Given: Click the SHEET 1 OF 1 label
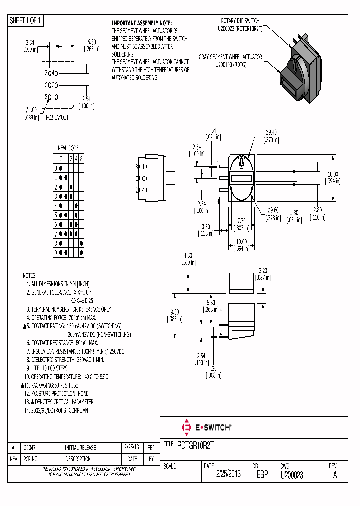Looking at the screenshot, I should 26,21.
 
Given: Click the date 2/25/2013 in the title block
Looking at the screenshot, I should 228,474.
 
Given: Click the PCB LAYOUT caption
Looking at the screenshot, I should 57,118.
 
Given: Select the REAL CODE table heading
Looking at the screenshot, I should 68,148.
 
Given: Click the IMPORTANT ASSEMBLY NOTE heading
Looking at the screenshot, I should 141,23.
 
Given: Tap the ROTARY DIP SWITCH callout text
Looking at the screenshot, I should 240,21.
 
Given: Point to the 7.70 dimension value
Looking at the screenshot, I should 241,220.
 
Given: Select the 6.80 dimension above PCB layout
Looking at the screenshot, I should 91,42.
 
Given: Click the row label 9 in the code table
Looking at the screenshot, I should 56,252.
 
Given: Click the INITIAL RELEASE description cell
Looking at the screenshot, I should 80,448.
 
